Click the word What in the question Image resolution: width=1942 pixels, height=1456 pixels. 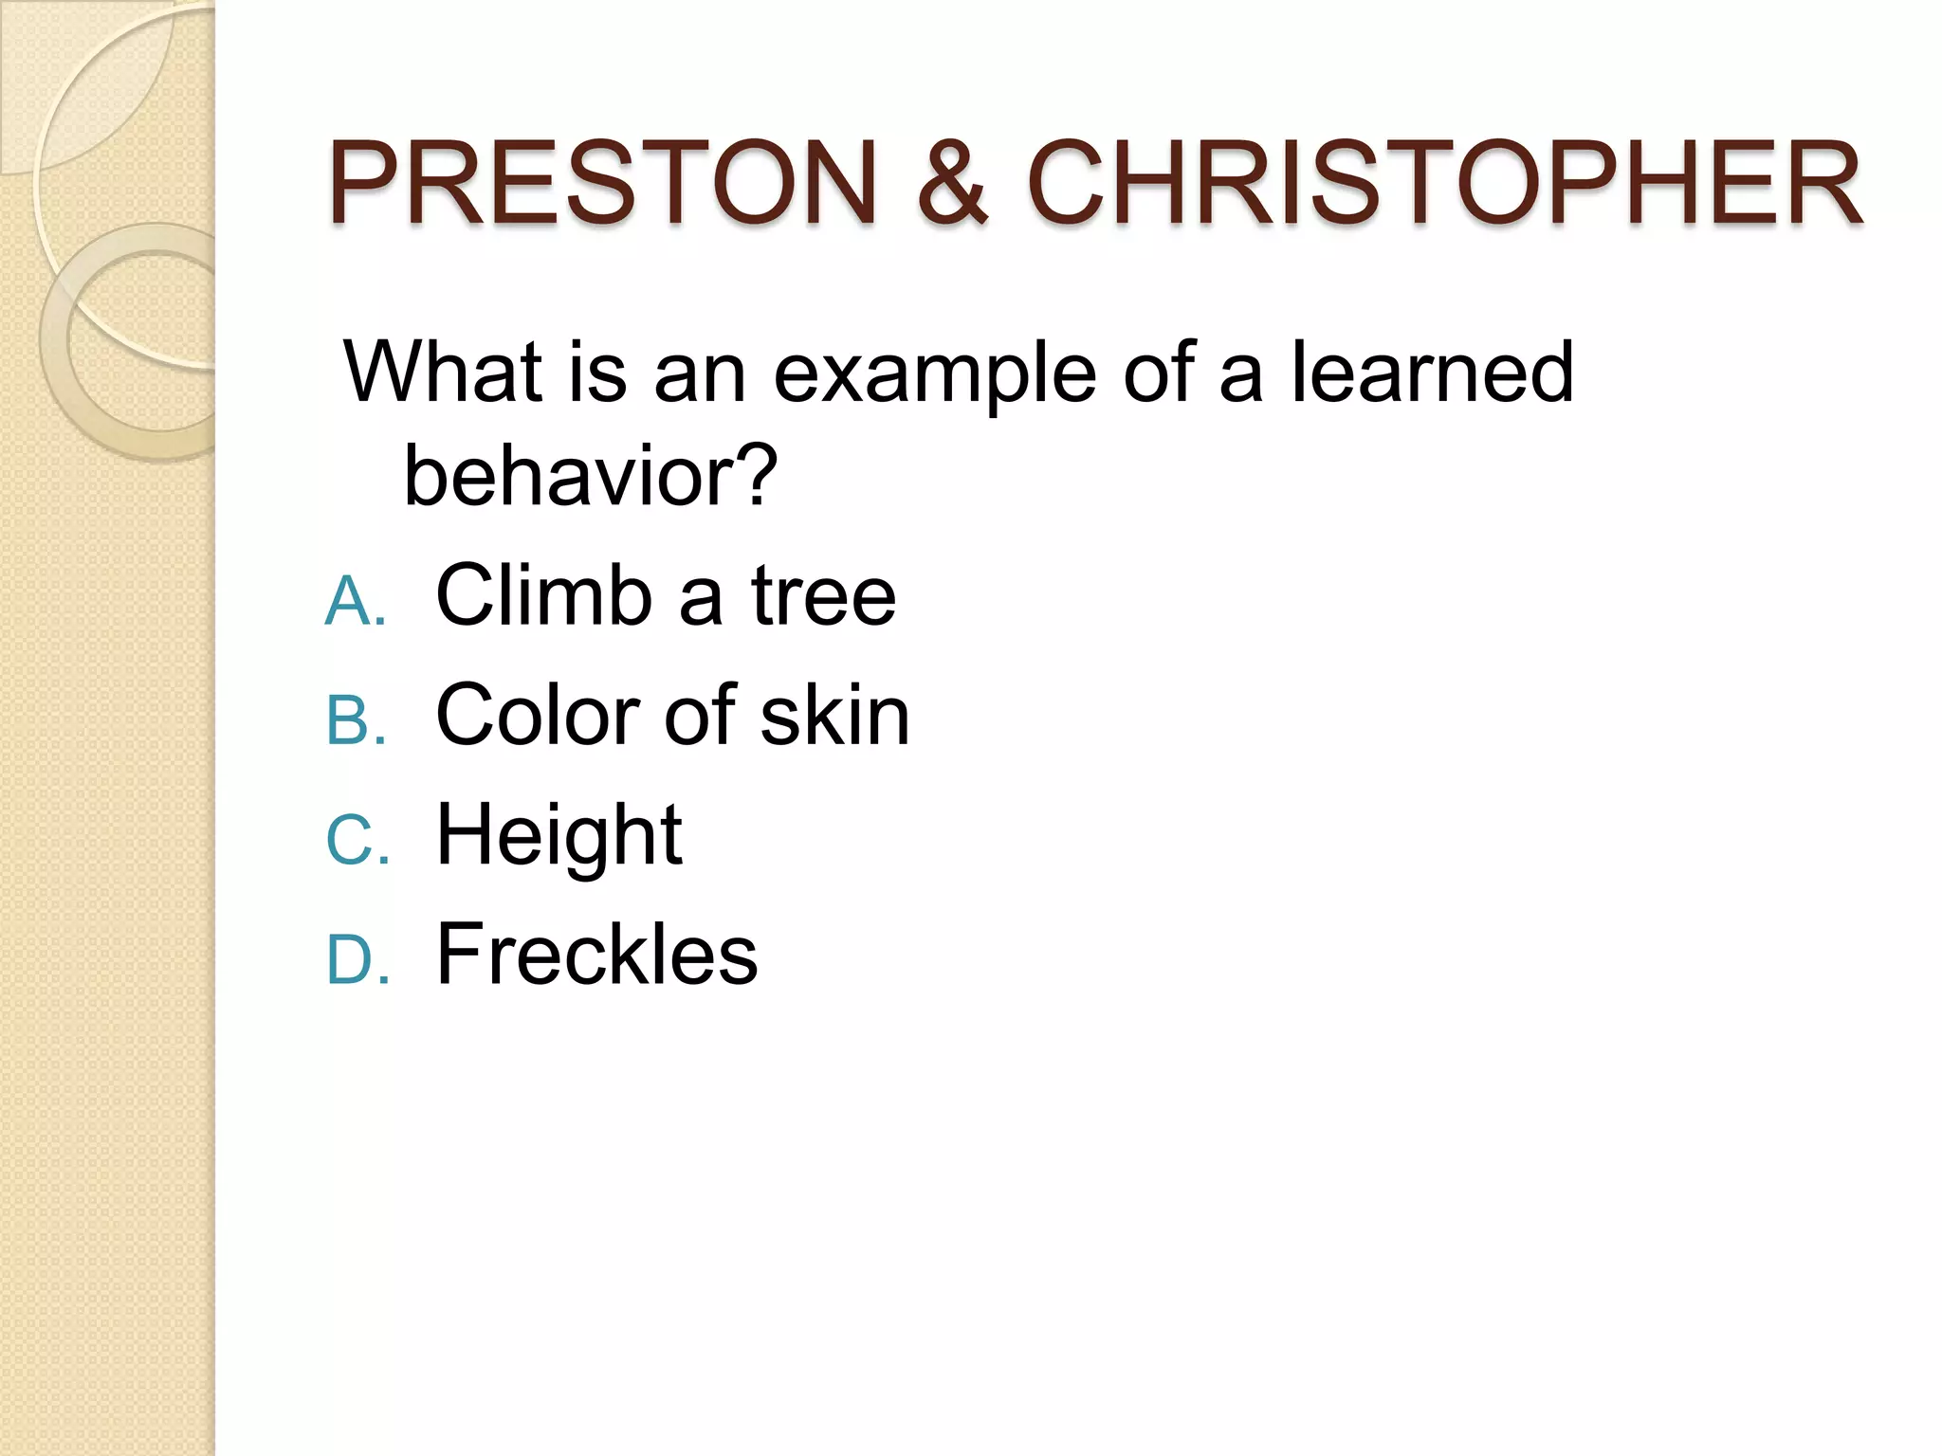[x=444, y=373]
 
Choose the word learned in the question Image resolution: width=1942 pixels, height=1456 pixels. [x=1433, y=373]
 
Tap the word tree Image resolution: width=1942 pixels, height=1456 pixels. [x=823, y=597]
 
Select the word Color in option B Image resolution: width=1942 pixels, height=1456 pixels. [x=539, y=716]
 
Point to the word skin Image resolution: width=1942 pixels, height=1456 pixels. [x=834, y=716]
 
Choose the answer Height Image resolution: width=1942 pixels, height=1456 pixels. [x=559, y=837]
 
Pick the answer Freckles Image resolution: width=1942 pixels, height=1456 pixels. [x=596, y=955]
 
